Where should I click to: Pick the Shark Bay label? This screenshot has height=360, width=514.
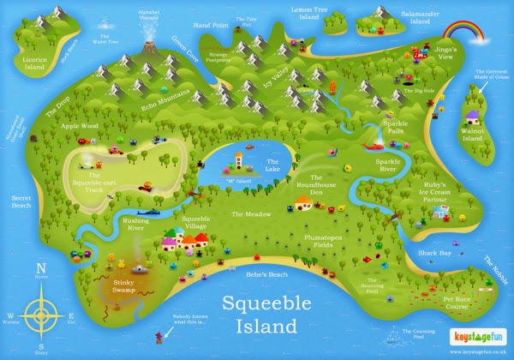tap(434, 254)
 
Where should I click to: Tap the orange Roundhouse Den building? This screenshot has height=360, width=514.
tap(304, 202)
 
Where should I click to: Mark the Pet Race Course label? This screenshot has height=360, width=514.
tap(460, 303)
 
